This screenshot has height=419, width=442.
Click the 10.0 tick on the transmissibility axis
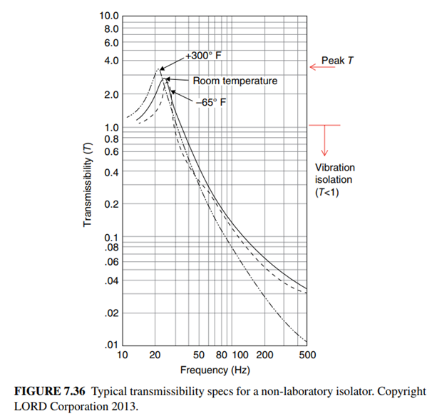109,15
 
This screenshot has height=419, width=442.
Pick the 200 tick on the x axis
264,355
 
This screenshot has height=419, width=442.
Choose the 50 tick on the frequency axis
199,355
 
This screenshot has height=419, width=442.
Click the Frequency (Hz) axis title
214,370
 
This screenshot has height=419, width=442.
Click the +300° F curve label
205,56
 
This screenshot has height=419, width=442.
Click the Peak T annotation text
337,61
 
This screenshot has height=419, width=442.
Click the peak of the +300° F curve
158,69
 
